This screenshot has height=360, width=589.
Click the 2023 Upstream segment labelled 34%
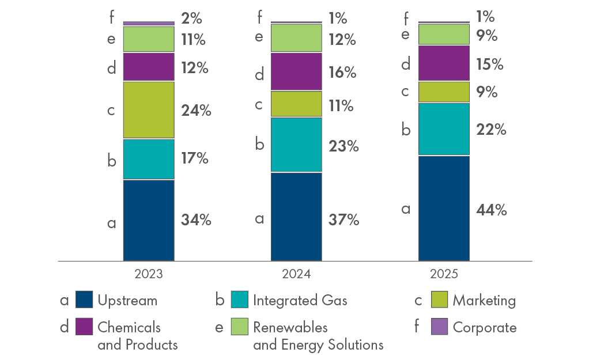pos(149,220)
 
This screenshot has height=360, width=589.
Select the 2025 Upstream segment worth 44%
pos(444,208)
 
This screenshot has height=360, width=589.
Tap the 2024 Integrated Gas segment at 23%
pos(296,145)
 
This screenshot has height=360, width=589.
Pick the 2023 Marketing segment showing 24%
pos(149,109)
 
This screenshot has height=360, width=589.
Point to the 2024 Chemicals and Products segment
pos(296,72)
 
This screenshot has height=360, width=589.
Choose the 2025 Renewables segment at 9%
pos(444,35)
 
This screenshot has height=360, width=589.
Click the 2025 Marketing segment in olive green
pos(444,92)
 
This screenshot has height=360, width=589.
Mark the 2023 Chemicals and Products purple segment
pos(149,67)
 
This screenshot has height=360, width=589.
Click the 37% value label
pos(345,219)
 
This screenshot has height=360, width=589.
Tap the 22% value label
pos(492,130)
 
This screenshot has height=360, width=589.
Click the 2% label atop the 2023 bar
pos(191,18)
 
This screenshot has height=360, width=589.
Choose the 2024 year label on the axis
pos(296,274)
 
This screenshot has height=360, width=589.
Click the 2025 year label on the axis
pos(444,274)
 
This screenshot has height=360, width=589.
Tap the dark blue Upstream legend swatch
pos(84,300)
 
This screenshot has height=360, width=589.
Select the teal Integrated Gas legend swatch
pos(240,300)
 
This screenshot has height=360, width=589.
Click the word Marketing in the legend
pos(484,300)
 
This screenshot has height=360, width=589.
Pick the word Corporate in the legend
pos(485,328)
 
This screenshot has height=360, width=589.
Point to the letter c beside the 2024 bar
pos(259,104)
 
